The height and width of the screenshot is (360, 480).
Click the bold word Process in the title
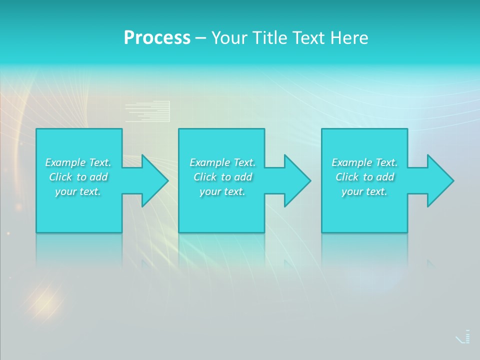coord(157,38)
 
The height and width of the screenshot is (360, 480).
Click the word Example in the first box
coord(65,162)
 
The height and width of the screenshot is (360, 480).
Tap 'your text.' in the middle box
coord(222,191)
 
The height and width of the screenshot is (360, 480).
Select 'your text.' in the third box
coord(364,191)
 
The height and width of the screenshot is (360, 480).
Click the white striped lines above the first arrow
coord(147,111)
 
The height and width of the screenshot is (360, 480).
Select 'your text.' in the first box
coord(78,191)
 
